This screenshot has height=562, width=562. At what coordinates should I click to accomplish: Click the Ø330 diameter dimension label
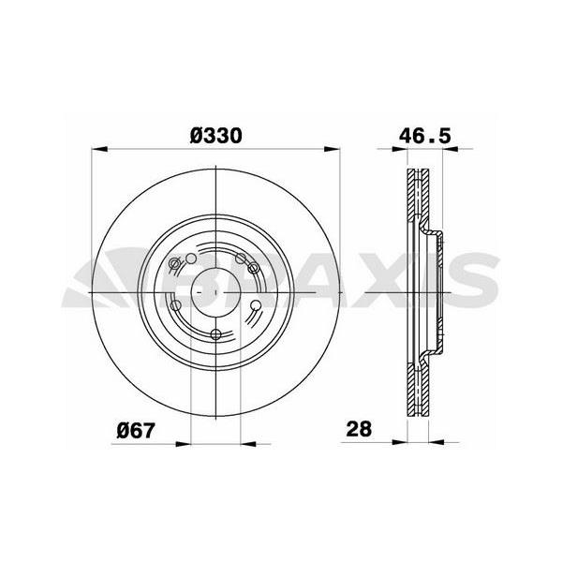click(216, 135)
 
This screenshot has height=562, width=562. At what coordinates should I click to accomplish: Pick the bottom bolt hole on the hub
click(216, 334)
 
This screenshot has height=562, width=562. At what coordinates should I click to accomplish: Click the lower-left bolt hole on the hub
click(175, 304)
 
